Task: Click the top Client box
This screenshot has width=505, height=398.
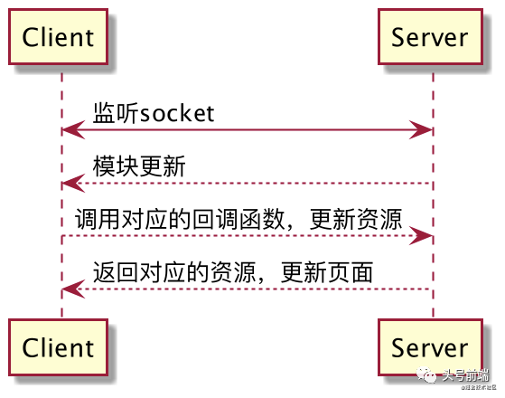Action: pos(59,37)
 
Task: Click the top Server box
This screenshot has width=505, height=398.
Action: pos(430,37)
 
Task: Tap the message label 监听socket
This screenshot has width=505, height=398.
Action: pos(154,113)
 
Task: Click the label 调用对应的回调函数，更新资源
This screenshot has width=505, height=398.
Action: pos(239,219)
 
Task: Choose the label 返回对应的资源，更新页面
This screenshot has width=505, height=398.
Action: pos(233,271)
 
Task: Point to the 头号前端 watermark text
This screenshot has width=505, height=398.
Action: pos(465,374)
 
